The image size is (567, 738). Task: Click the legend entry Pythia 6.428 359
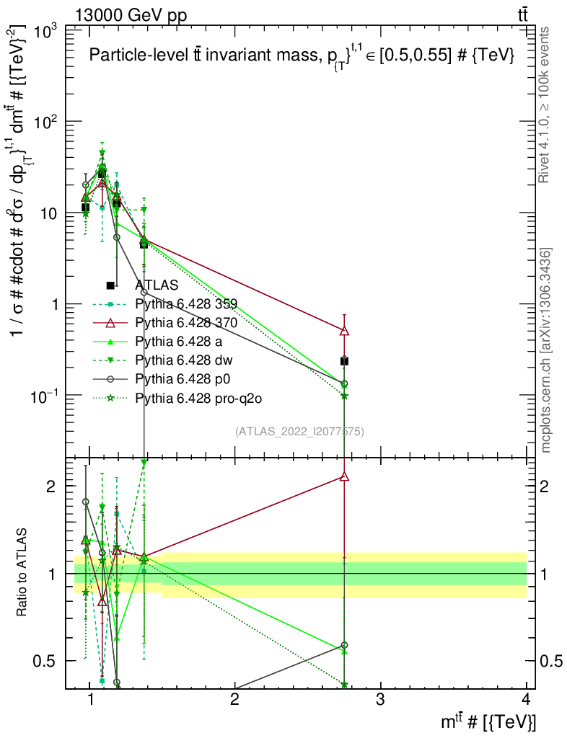click(186, 303)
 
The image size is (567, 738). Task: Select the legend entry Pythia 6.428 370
click(186, 322)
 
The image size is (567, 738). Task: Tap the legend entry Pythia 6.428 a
click(179, 341)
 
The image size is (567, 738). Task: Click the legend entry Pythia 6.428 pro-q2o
click(194, 397)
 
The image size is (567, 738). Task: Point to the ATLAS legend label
click(157, 285)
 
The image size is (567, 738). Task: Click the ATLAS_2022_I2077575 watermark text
click(299, 432)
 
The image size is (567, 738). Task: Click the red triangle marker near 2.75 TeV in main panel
click(344, 331)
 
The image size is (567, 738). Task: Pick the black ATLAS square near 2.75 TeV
click(344, 361)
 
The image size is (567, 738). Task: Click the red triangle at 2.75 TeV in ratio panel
click(344, 476)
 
